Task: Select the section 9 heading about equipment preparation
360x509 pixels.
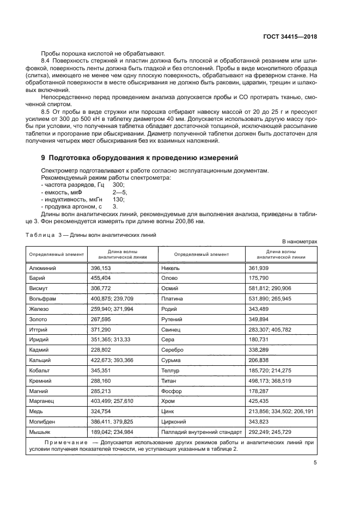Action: [x=139, y=158]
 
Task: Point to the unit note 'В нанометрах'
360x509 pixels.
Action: [x=299, y=241]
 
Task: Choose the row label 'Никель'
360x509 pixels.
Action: [x=170, y=268]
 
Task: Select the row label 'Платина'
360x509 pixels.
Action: [x=172, y=298]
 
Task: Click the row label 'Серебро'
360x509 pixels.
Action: [x=173, y=350]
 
